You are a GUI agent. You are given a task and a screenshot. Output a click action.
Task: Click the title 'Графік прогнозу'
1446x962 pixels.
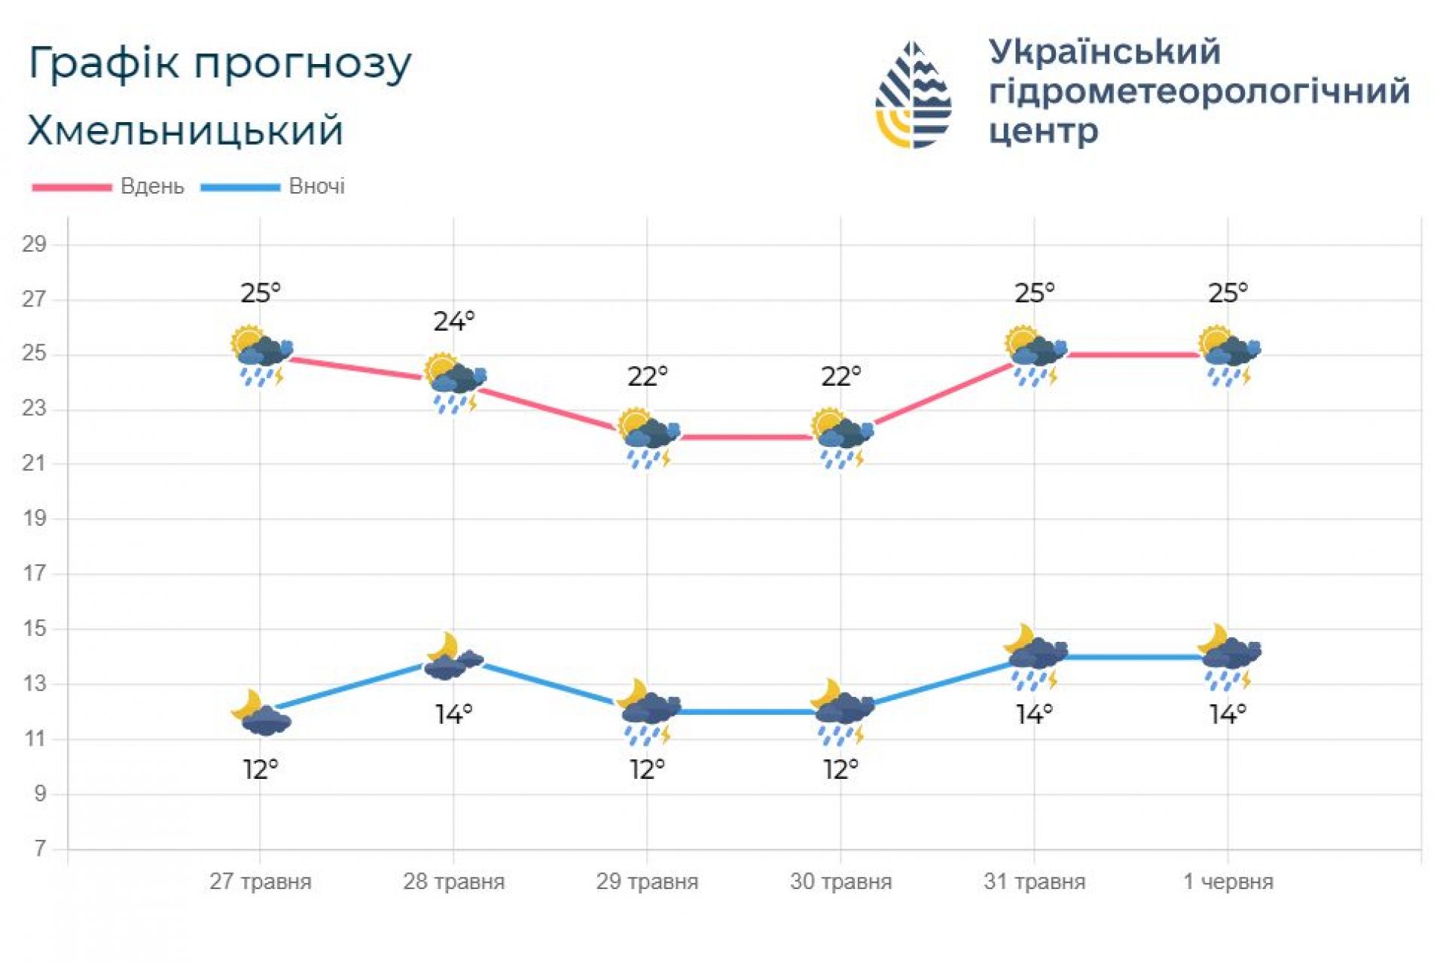pos(219,63)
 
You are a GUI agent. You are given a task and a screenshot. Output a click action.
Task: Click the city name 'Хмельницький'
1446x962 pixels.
pos(185,130)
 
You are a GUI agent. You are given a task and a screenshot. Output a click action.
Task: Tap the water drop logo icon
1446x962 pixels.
pos(913,95)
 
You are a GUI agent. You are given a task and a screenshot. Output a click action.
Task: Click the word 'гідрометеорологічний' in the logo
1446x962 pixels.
pos(1198,92)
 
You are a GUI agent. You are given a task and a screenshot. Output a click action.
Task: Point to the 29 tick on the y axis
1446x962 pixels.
pos(34,244)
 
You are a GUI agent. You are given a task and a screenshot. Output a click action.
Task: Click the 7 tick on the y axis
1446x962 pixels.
pos(39,849)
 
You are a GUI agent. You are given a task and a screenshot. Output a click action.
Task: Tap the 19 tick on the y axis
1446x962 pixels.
pos(34,518)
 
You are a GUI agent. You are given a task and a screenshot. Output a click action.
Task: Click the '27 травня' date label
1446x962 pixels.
pos(260,881)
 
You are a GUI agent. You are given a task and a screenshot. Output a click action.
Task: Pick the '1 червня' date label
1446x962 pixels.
pos(1228,881)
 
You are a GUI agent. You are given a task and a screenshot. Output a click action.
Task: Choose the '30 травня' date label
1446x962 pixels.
pos(840,881)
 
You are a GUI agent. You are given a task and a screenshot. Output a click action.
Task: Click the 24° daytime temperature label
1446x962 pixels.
pos(453,322)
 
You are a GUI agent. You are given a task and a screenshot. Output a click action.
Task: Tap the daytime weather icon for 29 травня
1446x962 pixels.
pos(648,438)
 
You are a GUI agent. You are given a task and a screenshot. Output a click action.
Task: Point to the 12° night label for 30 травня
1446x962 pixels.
pos(840,769)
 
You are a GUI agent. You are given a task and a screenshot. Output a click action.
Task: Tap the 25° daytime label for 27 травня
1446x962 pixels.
pos(261,292)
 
